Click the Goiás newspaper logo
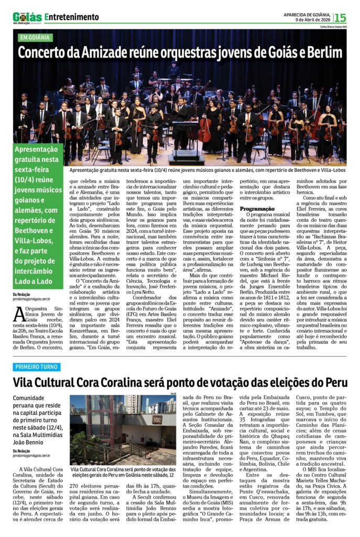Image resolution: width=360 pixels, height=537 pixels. tap(27, 17)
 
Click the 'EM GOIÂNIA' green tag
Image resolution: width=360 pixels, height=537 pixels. tap(35, 38)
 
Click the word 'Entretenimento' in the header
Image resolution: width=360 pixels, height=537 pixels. tap(72, 17)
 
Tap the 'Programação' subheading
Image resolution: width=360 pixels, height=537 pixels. tap(258, 209)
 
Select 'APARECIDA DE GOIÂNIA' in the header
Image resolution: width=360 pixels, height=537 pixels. tap(307, 14)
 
